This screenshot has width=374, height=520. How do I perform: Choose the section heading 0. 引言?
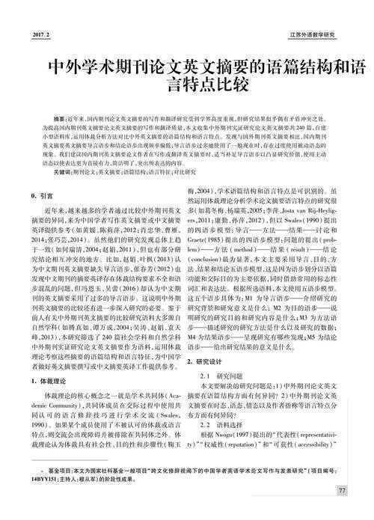coord(49,196)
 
